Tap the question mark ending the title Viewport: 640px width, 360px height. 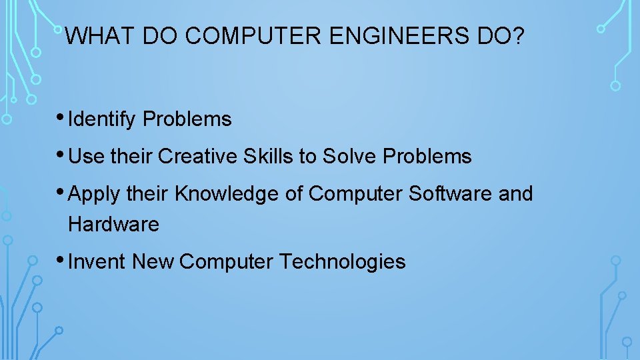pos(518,36)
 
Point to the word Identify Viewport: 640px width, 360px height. pos(103,120)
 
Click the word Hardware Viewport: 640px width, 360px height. pos(113,225)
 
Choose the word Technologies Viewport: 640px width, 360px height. pos(342,262)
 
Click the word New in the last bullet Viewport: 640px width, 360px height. pos(153,262)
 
